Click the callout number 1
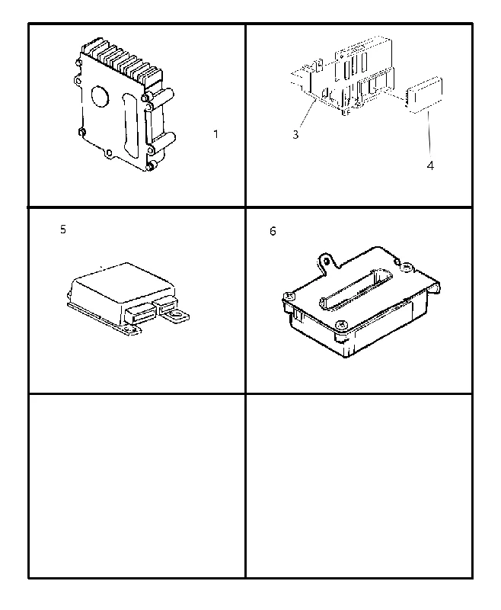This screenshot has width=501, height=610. click(x=216, y=134)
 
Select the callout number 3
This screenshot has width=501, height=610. click(x=295, y=135)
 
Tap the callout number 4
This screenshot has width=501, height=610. click(x=430, y=165)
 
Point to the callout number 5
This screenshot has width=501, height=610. click(x=63, y=230)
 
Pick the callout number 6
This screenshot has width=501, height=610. click(x=273, y=232)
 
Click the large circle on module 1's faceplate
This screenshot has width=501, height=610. click(x=101, y=96)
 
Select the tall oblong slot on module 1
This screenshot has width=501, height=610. click(x=129, y=125)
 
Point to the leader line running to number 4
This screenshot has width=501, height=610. click(x=429, y=134)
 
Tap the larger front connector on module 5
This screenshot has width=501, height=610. click(x=140, y=313)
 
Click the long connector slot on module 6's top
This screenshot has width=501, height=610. click(x=356, y=288)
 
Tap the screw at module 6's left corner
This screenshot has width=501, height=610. click(x=289, y=297)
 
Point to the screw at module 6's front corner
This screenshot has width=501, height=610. click(x=340, y=324)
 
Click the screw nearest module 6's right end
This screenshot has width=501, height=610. click(x=407, y=267)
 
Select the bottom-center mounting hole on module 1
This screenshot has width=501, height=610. click(x=109, y=153)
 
